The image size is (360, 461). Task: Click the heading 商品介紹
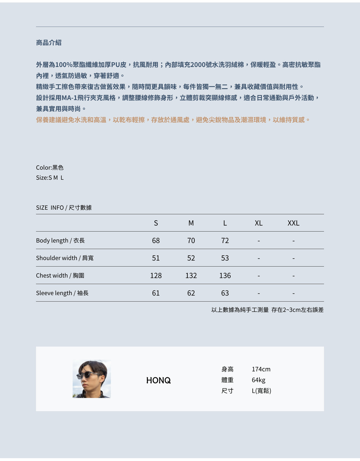pos(49,43)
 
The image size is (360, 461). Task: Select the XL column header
pos(258,223)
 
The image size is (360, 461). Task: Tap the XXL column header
pos(293,223)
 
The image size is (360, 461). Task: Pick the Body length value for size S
pos(156,241)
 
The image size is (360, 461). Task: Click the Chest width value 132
pos(191,275)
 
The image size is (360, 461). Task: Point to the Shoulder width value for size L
pos(225,258)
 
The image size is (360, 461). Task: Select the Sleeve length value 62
pos(191,293)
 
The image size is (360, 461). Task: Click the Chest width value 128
pos(156,275)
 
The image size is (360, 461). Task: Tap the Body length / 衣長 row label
pos(60,241)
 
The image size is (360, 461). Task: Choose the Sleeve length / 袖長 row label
pos(62,293)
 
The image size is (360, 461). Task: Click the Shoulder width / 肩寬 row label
pos(65,258)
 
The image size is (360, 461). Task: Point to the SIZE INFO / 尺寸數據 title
pos(64,208)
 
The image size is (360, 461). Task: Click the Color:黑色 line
pos(50,168)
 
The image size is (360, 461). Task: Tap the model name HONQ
pos(159,381)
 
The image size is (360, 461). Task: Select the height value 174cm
pos(261,369)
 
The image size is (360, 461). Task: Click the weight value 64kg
pos(258,380)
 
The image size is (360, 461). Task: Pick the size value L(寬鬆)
pos(261,391)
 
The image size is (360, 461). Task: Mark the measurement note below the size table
pos(267,310)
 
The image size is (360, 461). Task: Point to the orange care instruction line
pos(173,120)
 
